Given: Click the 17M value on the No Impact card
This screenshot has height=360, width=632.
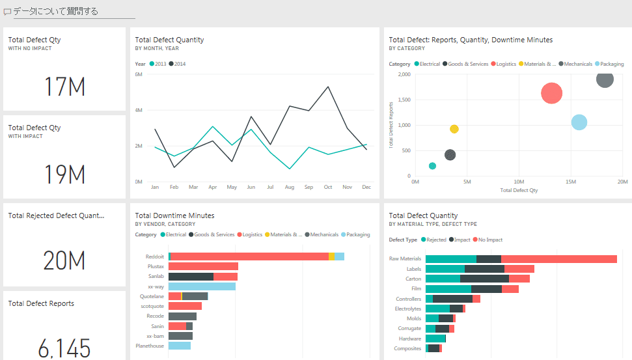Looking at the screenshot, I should (64, 87).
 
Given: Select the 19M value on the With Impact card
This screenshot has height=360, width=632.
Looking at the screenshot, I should (64, 174).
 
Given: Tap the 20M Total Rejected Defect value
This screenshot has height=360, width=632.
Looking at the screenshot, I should (64, 260).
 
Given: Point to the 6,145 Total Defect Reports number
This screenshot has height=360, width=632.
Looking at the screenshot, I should (64, 348).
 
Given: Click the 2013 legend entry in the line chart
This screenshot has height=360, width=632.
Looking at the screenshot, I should (159, 64).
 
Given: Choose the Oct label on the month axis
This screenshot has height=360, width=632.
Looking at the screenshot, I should (328, 187).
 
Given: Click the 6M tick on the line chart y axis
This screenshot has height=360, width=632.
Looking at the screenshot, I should (139, 74).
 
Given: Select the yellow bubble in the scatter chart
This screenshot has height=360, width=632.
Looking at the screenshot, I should (454, 129).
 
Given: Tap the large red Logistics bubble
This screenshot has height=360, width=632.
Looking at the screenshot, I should (551, 93).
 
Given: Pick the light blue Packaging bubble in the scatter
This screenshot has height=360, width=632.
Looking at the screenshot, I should (579, 122).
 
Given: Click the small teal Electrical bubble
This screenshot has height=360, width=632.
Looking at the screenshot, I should (433, 166).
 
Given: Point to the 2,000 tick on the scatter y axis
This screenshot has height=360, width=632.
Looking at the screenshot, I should (404, 74).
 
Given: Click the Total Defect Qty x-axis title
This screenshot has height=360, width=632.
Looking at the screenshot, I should (519, 191).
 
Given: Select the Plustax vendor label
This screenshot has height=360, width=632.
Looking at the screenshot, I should (156, 266).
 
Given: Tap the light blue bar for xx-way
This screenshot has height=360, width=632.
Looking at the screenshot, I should (202, 286).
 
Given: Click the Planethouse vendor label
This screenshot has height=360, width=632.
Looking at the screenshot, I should (150, 346).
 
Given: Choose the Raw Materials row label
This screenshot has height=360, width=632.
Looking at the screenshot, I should (405, 258).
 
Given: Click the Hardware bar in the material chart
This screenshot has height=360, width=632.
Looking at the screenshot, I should (435, 339).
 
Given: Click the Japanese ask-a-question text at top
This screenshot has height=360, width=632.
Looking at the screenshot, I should (56, 11).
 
